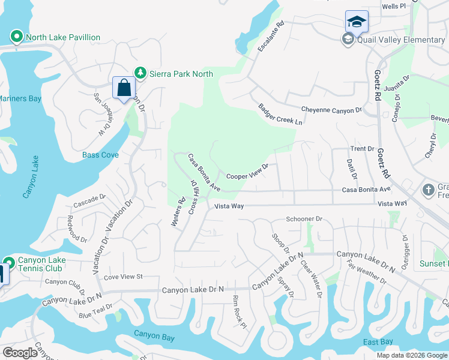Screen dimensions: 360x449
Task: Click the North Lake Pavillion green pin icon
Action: [17, 37]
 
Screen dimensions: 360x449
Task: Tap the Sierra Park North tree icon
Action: [140, 73]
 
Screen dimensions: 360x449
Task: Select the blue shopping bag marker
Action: [124, 88]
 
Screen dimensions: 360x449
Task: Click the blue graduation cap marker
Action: [357, 22]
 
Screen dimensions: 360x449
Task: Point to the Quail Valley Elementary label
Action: [400, 40]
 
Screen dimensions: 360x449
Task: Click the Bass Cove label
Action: [100, 155]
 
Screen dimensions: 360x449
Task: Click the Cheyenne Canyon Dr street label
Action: [331, 110]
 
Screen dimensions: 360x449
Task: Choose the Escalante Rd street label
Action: [270, 37]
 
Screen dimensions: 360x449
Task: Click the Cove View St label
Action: [122, 277]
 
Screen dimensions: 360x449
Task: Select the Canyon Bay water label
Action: [154, 334]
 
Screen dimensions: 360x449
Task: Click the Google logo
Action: [20, 353]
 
